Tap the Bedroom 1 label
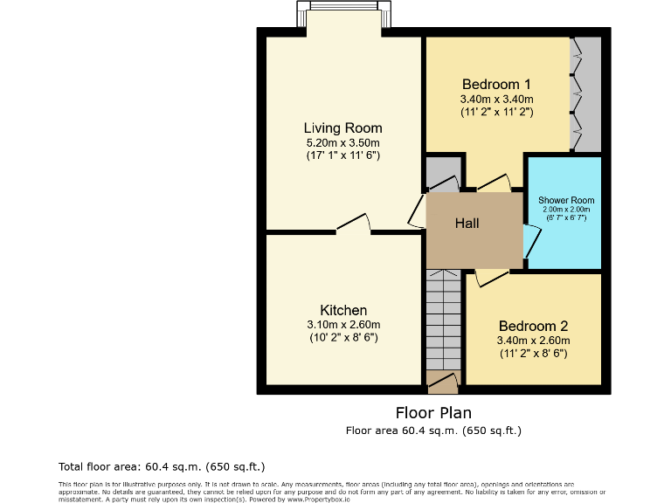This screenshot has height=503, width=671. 496,85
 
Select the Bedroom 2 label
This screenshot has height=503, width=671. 533,326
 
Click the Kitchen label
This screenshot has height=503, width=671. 343,310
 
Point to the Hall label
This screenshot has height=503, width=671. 467,224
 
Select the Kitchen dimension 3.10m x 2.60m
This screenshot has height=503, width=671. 343,324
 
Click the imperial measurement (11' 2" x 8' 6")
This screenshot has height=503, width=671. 533,354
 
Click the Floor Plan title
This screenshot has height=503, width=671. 433,412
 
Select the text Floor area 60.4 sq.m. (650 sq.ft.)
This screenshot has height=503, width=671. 433,430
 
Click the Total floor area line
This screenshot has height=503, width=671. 161,466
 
